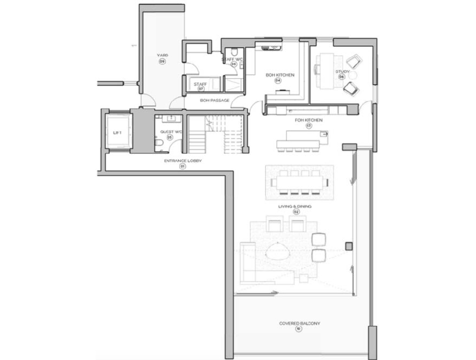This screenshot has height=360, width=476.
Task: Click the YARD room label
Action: [162, 55]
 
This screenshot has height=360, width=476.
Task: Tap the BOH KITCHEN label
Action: [279, 75]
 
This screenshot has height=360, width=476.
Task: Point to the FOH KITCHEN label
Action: [308, 120]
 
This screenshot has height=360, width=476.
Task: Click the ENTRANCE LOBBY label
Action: [182, 161]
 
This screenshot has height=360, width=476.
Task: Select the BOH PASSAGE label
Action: [215, 100]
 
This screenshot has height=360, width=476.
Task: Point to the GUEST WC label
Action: [169, 131]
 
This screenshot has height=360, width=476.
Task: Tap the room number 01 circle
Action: [182, 167]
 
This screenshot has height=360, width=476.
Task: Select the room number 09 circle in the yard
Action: [162, 61]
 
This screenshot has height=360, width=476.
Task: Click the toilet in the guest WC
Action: [160, 142]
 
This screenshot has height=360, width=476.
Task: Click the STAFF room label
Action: [200, 84]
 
